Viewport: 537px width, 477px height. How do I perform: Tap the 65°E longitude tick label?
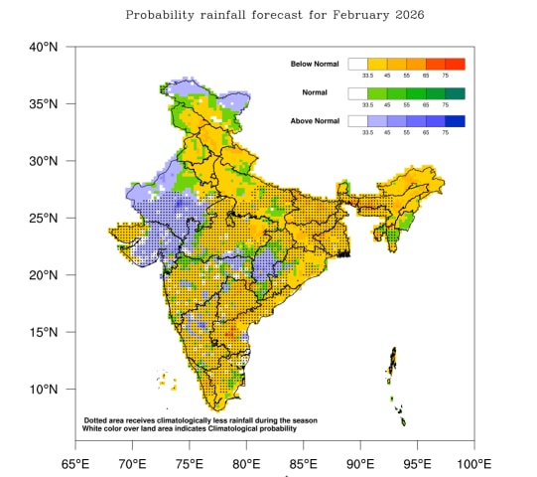point(75,463)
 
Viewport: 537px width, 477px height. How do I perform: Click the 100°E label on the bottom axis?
point(473,463)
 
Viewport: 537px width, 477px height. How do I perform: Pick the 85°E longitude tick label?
point(303,463)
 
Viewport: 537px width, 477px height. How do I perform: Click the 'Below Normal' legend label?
point(315,65)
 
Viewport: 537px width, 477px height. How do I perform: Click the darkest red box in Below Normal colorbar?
point(456,65)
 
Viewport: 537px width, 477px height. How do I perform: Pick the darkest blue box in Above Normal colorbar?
point(456,122)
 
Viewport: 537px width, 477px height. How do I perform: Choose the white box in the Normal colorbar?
point(358,93)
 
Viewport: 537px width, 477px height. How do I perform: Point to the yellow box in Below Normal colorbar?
point(377,65)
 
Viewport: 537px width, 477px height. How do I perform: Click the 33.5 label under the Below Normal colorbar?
point(368,76)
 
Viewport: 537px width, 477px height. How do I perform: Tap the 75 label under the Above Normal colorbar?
point(446,133)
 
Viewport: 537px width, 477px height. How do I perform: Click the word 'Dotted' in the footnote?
point(97,421)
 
